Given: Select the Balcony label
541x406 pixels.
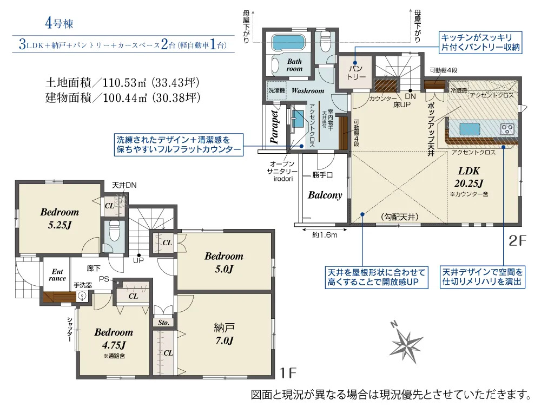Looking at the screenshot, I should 325,195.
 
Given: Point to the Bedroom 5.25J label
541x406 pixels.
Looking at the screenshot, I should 60,217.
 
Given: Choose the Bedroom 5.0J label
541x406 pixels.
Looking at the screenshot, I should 223,262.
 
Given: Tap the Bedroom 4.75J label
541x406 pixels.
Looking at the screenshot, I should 114,338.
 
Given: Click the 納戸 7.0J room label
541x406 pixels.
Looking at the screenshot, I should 223,333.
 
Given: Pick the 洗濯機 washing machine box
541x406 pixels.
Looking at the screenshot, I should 276,90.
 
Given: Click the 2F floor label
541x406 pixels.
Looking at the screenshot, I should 517,240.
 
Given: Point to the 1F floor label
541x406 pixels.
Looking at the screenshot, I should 289,372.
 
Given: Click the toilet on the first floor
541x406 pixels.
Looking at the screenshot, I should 114,231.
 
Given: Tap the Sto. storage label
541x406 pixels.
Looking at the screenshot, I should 163,322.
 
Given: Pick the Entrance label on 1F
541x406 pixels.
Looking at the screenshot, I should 57,275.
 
